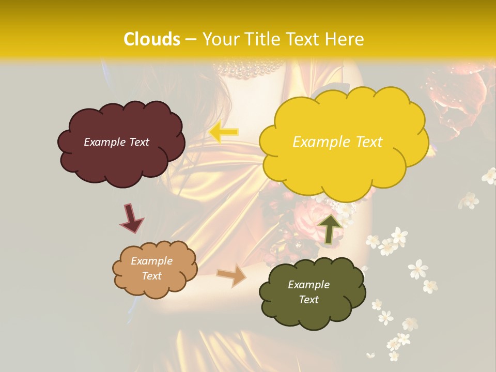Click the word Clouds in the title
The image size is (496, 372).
pyautogui.click(x=152, y=39)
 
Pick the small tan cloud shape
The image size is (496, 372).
pyautogui.click(x=154, y=287)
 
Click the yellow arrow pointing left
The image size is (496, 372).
pyautogui.click(x=224, y=132)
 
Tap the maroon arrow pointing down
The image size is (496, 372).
pyautogui.click(x=131, y=218)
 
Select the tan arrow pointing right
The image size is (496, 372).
pyautogui.click(x=231, y=275)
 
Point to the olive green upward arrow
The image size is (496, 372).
pyautogui.click(x=330, y=228)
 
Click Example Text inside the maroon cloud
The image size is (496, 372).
pyautogui.click(x=116, y=142)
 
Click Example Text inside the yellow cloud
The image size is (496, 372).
pyautogui.click(x=337, y=142)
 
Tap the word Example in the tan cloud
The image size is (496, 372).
pyautogui.click(x=151, y=261)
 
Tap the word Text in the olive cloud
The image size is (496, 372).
pyautogui.click(x=308, y=300)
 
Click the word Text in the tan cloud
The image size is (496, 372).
pyautogui.click(x=151, y=276)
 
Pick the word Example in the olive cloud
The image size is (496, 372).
pyautogui.click(x=308, y=285)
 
